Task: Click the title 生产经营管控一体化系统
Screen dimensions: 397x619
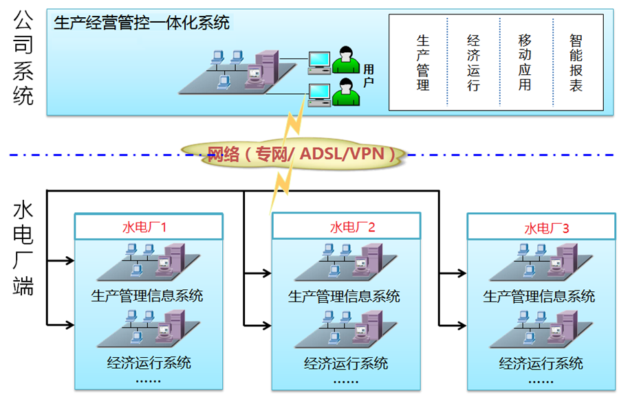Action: [142, 23]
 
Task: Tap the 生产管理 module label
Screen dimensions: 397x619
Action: [423, 63]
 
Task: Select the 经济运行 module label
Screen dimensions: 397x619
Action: [473, 63]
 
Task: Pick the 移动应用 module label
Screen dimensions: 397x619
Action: [525, 63]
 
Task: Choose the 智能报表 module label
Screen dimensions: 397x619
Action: [576, 63]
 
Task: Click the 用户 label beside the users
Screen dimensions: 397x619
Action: [369, 75]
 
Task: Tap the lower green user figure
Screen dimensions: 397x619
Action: [345, 94]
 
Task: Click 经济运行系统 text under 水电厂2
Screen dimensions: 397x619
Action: [346, 363]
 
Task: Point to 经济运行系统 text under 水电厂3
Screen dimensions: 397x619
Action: [541, 363]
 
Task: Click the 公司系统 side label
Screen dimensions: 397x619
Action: [23, 59]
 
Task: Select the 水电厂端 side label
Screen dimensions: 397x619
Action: [23, 247]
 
